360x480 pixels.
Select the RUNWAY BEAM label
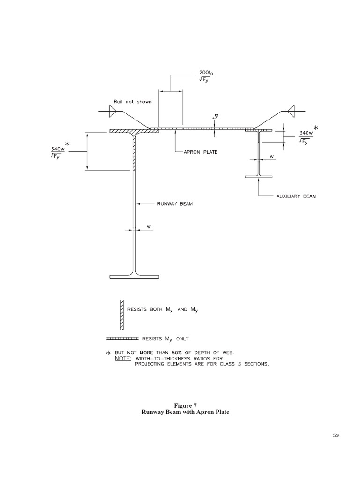coord(174,204)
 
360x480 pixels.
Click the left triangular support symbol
coord(112,111)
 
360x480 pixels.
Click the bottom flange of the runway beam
coord(134,276)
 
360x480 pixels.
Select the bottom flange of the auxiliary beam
coord(259,177)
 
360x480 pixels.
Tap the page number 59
coord(335,435)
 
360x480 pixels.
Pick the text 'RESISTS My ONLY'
coord(165,337)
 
